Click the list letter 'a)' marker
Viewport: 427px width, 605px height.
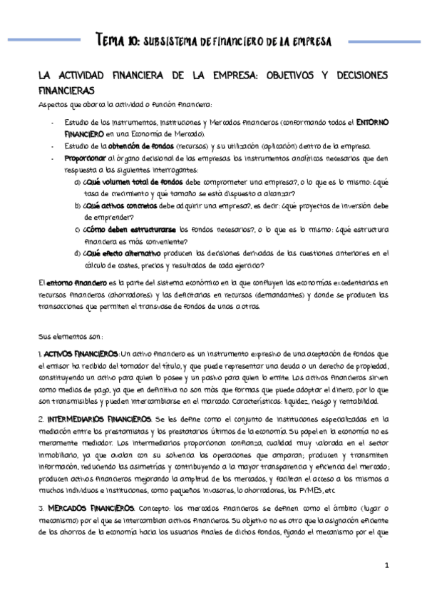77,182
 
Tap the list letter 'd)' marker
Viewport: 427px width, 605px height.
77,253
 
